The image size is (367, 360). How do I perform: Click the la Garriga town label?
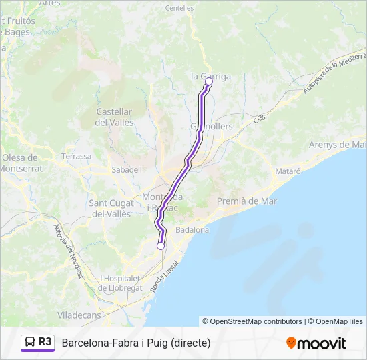tap(211, 76)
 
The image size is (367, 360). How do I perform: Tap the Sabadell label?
tap(127, 169)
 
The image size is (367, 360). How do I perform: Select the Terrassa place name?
tap(76, 156)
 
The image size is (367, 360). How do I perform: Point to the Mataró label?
tap(288, 171)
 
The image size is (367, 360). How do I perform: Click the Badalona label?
tap(192, 229)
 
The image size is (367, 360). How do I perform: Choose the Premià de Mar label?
tap(247, 201)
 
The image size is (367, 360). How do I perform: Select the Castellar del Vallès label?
tap(115, 117)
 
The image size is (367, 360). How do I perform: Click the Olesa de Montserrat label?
tap(22, 163)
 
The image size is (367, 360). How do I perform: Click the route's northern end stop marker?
tap(208, 81)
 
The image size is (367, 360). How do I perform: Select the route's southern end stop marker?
tap(161, 246)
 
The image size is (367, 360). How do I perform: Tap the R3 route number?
tap(45, 341)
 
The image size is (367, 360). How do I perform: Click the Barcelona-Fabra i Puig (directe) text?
tap(136, 343)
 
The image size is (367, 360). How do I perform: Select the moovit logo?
tap(316, 343)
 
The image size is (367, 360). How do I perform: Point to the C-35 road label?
tap(260, 119)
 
